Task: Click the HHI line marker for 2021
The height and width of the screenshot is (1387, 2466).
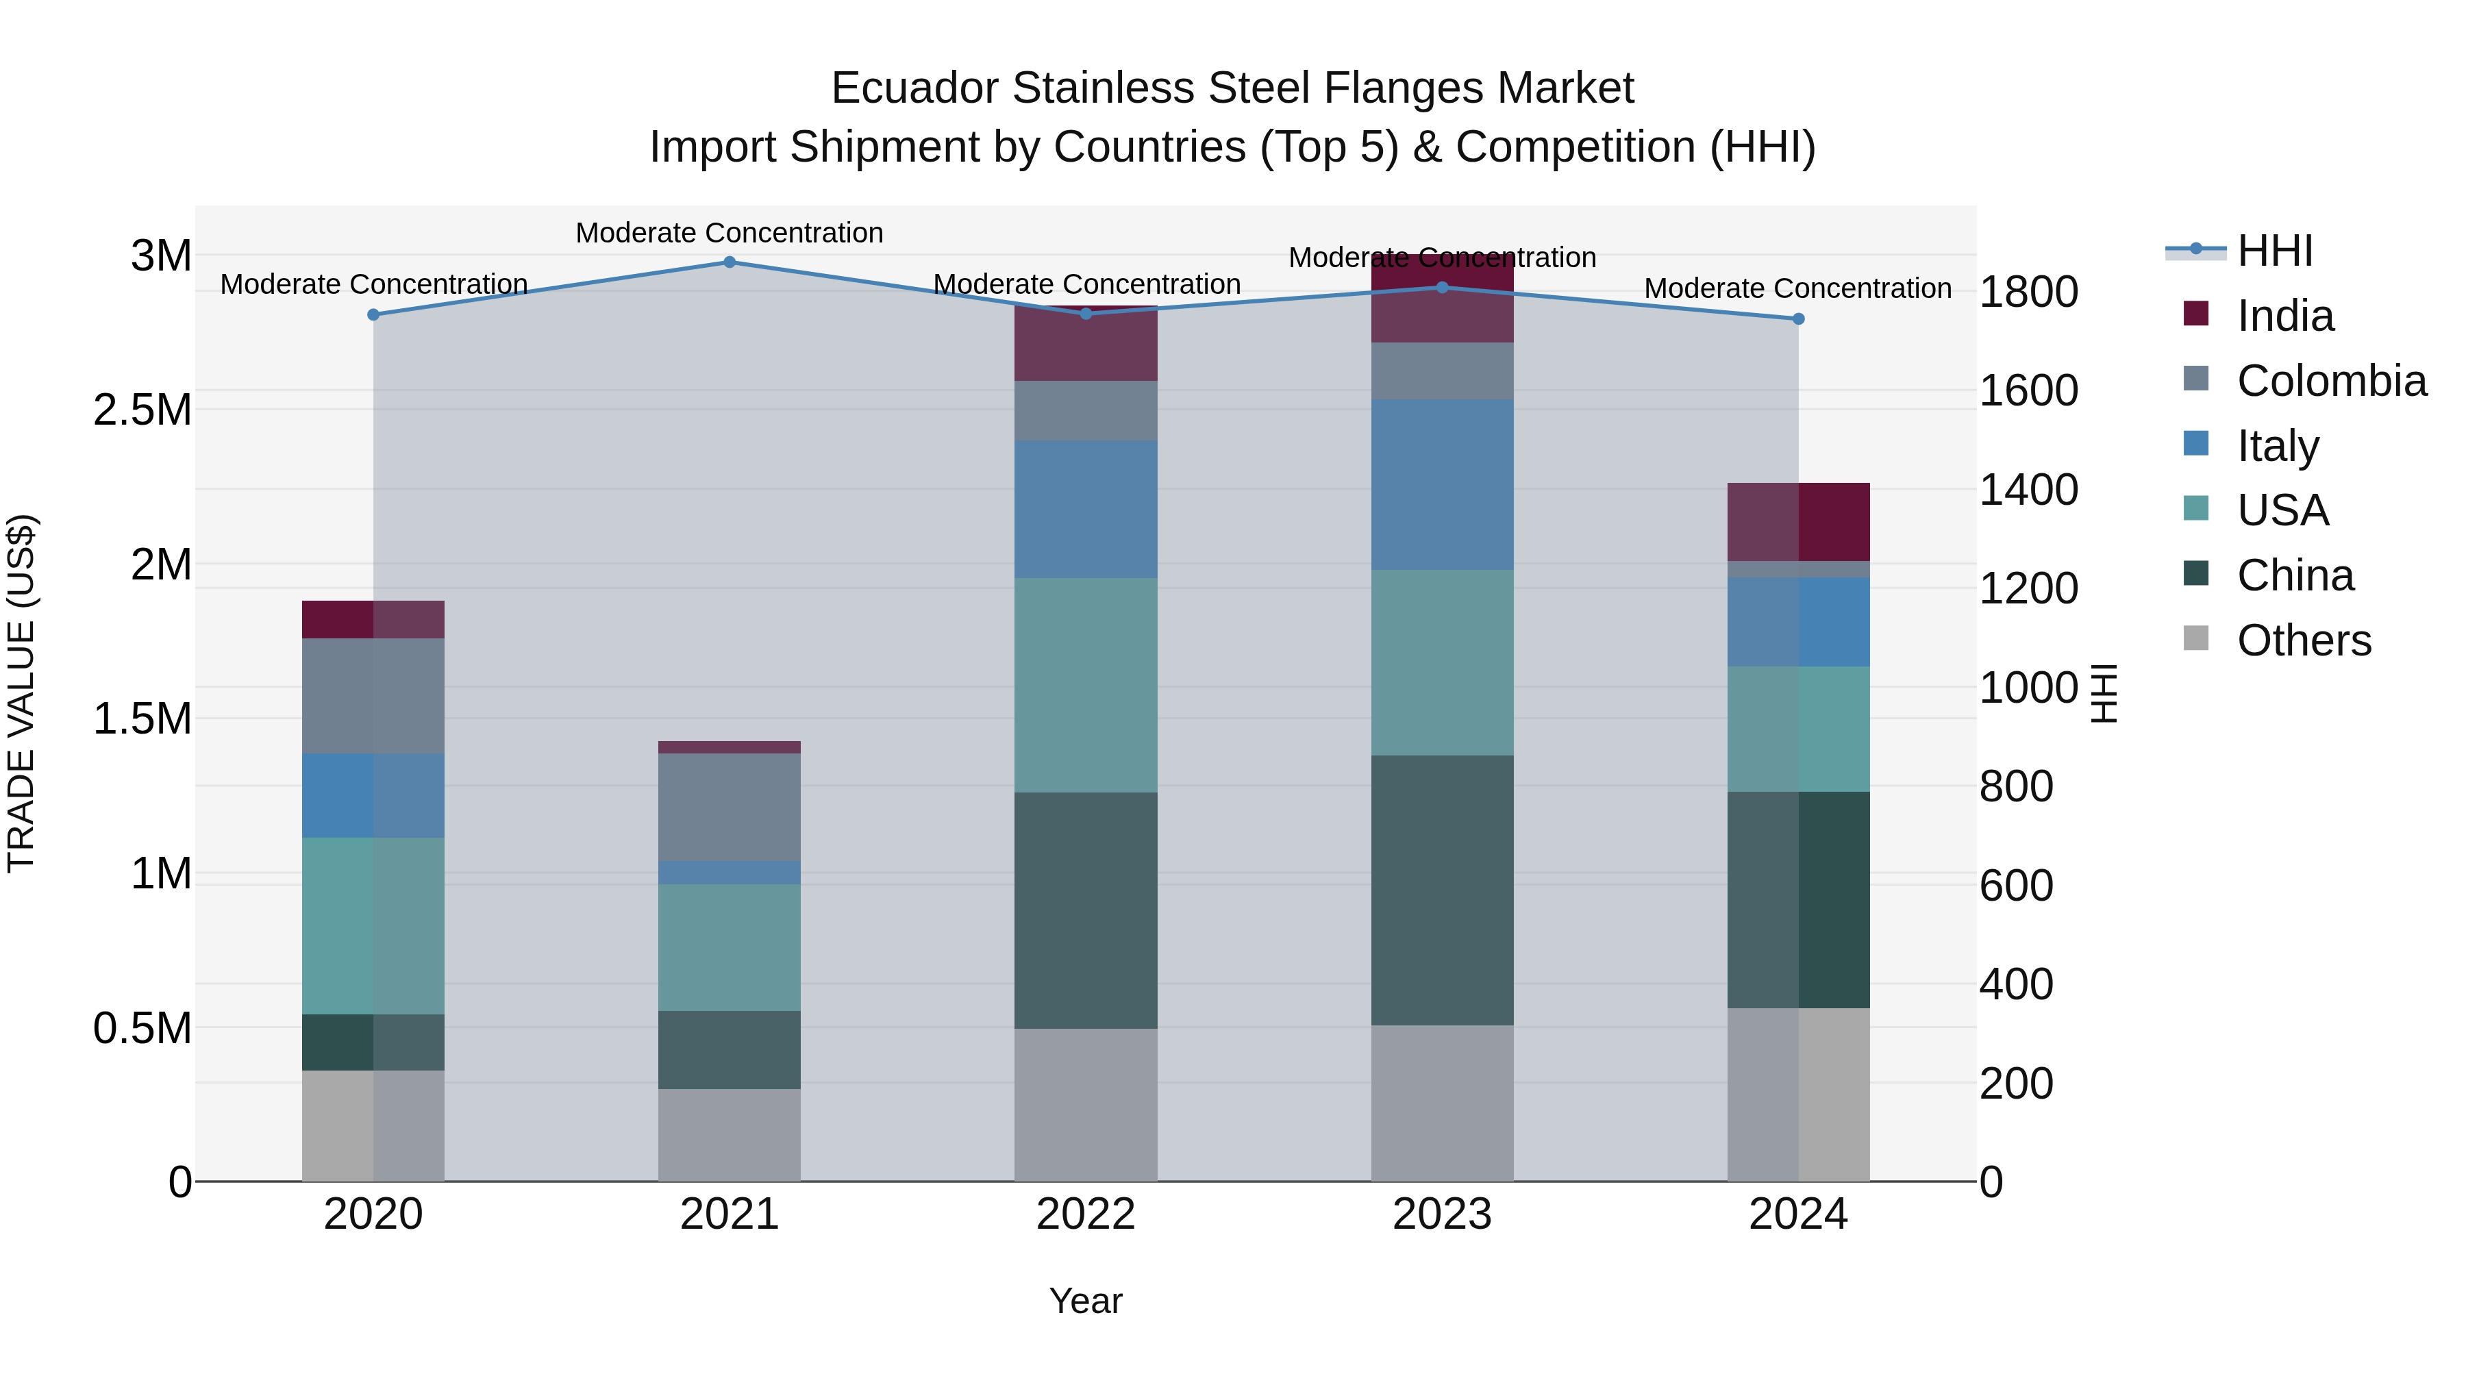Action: [x=730, y=262]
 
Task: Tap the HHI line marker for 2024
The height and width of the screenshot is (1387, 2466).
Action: [x=1798, y=318]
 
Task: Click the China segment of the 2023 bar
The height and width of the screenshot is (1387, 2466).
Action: [x=1442, y=890]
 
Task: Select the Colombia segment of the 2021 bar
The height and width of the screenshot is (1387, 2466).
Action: [x=730, y=807]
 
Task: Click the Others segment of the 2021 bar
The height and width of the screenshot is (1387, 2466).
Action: [x=730, y=1134]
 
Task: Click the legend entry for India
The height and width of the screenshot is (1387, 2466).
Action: [x=2284, y=316]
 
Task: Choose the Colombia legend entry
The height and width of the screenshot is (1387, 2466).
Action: [x=2331, y=381]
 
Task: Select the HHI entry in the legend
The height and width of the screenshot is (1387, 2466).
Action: [x=2274, y=251]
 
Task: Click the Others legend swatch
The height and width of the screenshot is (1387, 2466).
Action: [x=2196, y=638]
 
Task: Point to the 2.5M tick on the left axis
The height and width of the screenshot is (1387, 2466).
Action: [x=142, y=411]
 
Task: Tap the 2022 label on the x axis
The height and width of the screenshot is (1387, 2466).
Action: [x=1086, y=1214]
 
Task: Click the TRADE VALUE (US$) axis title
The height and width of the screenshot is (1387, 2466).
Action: [x=21, y=693]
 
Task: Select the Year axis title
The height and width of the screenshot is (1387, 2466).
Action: [x=1086, y=1301]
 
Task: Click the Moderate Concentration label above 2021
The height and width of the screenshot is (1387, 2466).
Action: [x=730, y=233]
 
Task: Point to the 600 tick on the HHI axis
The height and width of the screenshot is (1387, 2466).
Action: [x=2016, y=886]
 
